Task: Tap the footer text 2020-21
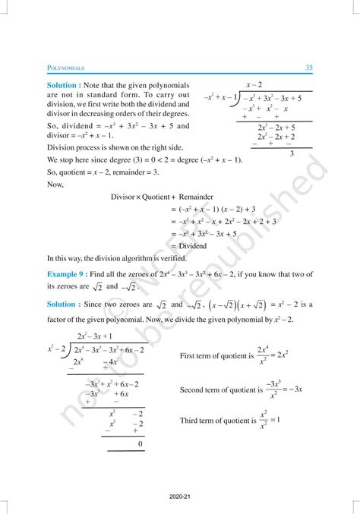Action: pyautogui.click(x=179, y=501)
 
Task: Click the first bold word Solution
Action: pyautogui.click(x=65, y=86)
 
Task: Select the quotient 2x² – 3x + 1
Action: pyautogui.click(x=95, y=336)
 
